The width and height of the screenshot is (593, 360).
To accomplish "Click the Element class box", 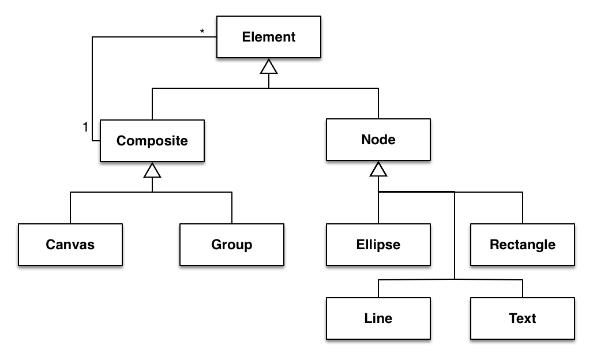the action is coord(268,37).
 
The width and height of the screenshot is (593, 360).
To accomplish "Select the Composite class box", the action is coord(152,141).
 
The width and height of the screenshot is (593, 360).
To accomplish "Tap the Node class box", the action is coord(378,140).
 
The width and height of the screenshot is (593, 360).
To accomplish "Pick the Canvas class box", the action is coord(70,244).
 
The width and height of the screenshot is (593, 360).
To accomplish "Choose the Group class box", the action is coord(232,244).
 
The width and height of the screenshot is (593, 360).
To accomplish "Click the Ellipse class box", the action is coord(378,244).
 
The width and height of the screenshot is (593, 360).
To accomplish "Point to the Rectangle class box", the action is coord(523,244).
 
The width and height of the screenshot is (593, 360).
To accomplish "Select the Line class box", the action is coord(378,318).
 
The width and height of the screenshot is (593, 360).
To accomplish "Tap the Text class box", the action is coord(523,318).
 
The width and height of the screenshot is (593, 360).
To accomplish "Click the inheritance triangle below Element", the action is coord(269,66).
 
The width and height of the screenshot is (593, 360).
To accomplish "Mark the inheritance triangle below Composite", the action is coord(152,170).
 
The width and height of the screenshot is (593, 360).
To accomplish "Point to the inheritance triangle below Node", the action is coord(378,169).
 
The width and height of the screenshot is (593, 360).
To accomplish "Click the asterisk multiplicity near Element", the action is coord(202,31).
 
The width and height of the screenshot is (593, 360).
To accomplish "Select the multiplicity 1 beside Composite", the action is coord(85,127).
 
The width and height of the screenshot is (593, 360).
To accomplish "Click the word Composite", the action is coord(152,141).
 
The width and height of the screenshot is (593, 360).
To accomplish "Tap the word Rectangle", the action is coord(523,245).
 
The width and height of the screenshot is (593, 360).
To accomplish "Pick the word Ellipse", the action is coord(378,245).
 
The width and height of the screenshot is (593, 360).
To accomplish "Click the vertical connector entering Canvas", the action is coord(70,208).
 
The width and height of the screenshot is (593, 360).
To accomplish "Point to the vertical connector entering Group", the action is coord(232,208).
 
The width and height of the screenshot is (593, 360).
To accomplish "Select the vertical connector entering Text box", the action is coord(523,288).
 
